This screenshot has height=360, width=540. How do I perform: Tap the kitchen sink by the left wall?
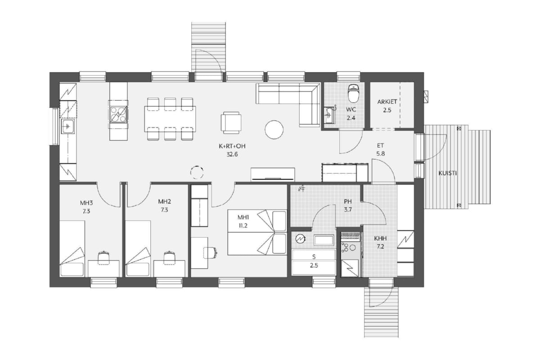point(68,126)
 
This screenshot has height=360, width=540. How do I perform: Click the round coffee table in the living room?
point(274,130)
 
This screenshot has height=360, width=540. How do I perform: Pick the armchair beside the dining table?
point(231,122)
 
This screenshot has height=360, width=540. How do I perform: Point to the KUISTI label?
point(448,173)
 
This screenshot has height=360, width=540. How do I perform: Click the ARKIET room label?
point(387,102)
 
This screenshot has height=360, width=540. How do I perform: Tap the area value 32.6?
point(232,154)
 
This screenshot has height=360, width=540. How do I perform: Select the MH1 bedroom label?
point(243,217)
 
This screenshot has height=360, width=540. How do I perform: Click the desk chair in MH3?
point(104,257)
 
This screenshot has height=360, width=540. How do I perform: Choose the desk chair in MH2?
point(170,257)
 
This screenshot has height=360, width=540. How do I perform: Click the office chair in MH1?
point(211,253)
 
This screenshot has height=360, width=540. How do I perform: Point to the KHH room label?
point(380,238)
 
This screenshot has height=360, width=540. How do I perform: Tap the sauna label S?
point(314,257)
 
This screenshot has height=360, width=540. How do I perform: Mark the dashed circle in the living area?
point(197,172)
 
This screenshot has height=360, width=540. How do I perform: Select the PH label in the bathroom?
point(348,202)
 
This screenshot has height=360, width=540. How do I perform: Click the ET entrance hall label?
point(380,145)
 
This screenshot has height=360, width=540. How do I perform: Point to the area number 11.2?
point(243,226)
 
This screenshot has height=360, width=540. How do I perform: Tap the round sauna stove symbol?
point(301,238)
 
